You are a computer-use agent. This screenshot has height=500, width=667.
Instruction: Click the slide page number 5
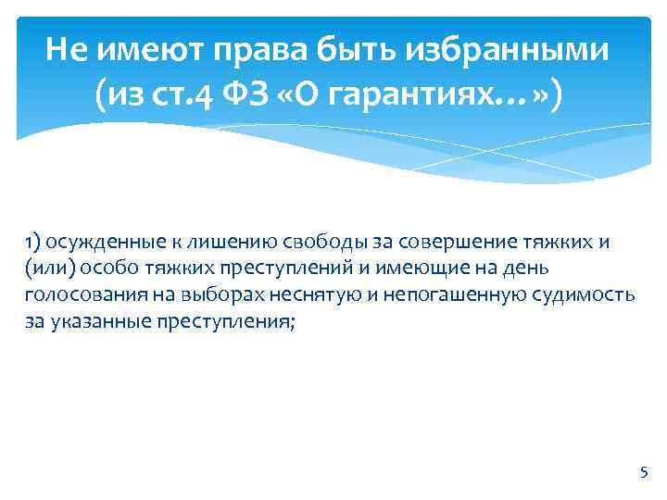(x=644, y=472)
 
